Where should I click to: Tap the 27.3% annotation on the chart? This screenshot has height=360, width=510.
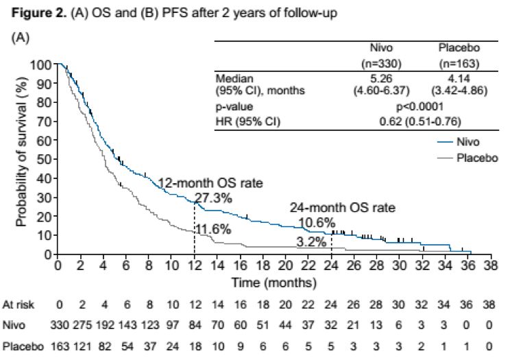coord(213,197)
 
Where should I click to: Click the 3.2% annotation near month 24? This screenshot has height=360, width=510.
coord(313,242)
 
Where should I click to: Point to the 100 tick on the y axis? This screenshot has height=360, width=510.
coord(42,64)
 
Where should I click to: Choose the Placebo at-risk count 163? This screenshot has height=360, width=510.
coord(59,348)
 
